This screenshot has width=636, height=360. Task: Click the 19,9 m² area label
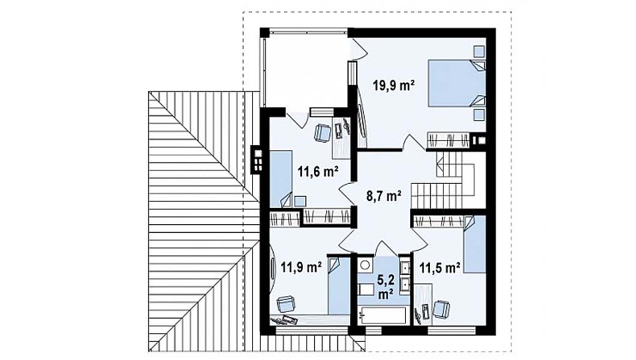point(394,86)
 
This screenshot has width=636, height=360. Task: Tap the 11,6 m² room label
point(318,172)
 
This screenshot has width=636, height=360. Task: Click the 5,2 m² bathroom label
point(385,287)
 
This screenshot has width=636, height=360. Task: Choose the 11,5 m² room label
point(440,267)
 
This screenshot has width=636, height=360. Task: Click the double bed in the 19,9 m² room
point(457,83)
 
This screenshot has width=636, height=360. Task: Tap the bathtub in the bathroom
point(382,316)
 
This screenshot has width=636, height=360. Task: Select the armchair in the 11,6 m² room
point(323,133)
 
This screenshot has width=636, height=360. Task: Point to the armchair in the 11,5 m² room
point(442,309)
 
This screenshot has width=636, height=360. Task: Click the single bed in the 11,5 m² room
point(475,244)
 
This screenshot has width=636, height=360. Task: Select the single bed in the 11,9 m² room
point(338,286)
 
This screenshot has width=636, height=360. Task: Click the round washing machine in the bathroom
point(365,265)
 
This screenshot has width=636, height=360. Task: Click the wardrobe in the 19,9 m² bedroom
point(449,140)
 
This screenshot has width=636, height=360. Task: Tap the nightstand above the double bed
point(479,52)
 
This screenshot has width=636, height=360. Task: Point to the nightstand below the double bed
point(479,115)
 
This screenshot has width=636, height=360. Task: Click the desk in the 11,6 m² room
point(341,138)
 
